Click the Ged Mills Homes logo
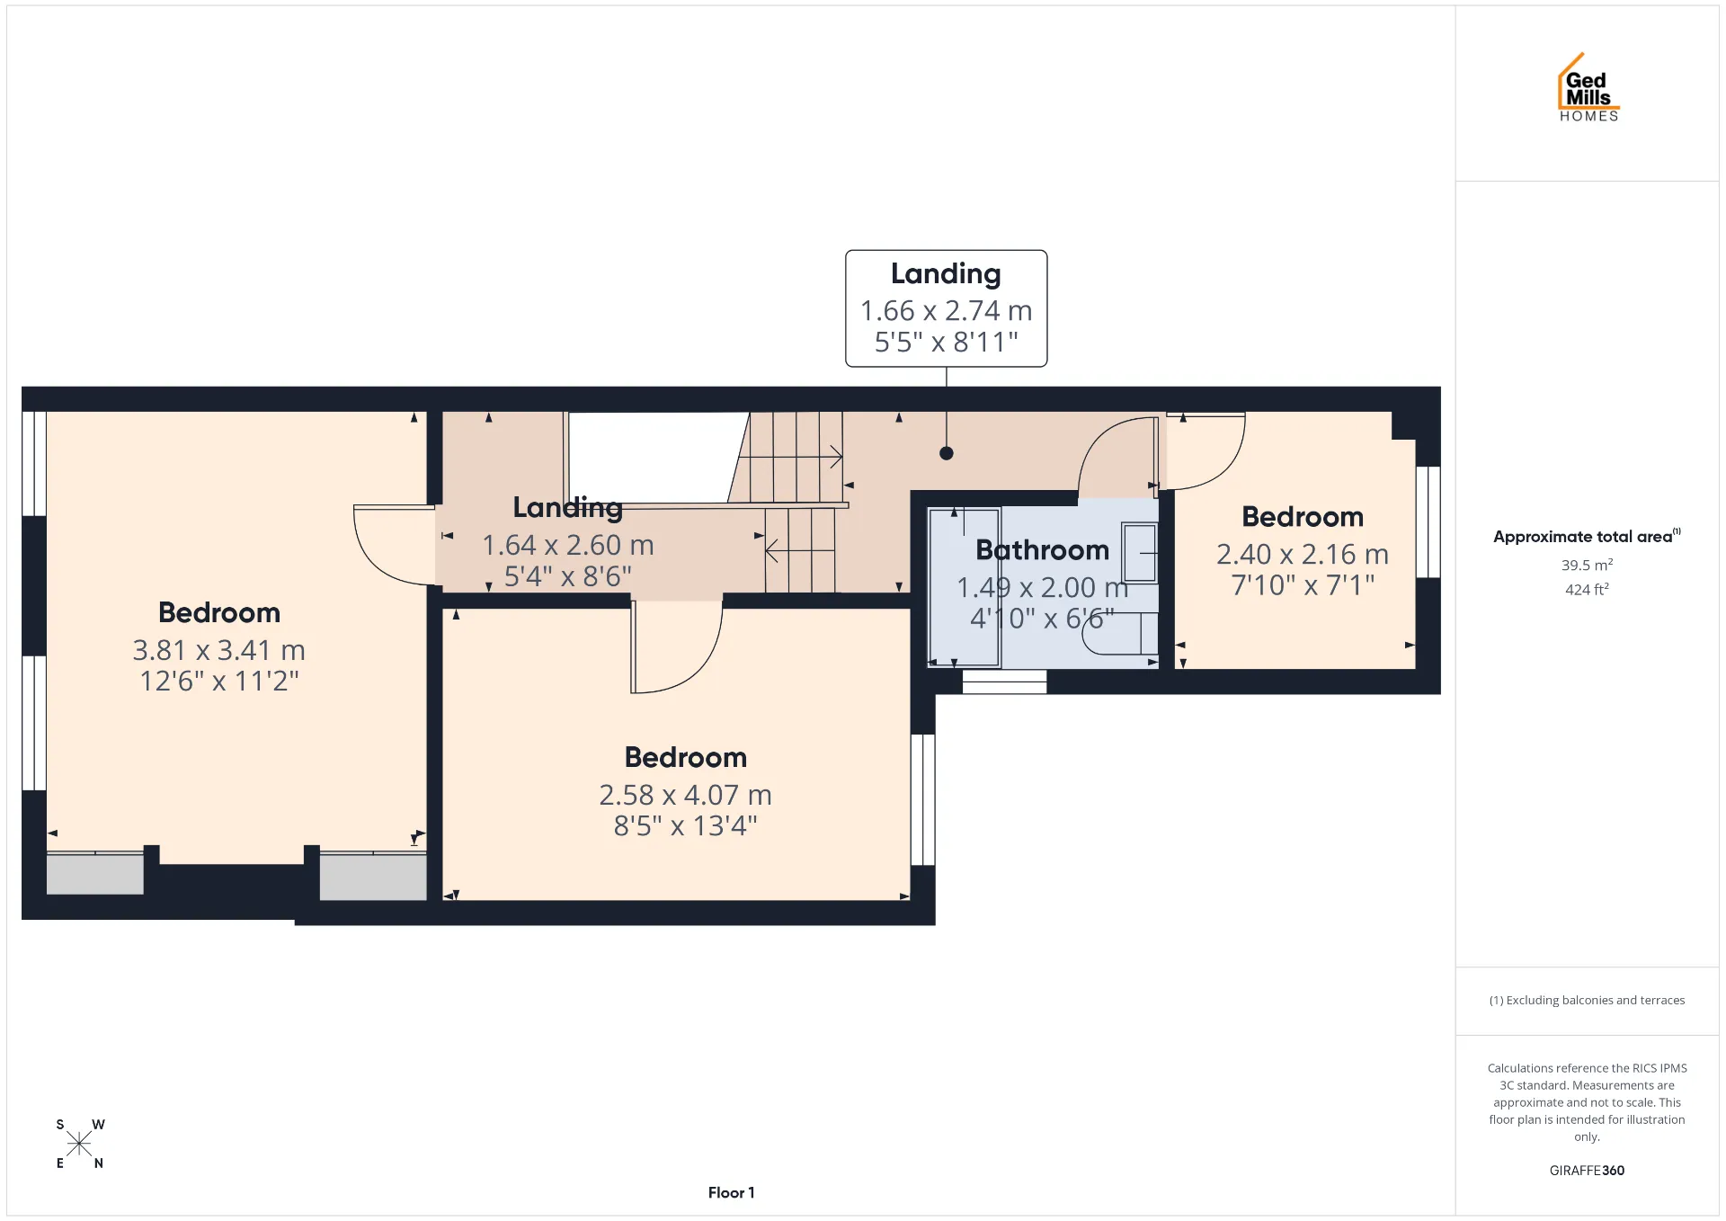tap(1588, 87)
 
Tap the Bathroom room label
tap(1042, 549)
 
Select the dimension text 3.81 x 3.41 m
tap(218, 649)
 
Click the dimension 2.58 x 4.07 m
tap(685, 795)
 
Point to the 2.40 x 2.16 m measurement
tap(1303, 554)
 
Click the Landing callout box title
tap(946, 273)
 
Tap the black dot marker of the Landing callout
tap(946, 453)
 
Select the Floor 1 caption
tap(731, 1192)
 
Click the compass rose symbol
tap(79, 1144)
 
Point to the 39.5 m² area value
tap(1587, 565)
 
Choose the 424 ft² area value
tap(1587, 589)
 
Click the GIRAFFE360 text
tap(1587, 1170)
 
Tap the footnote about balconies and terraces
tap(1587, 1000)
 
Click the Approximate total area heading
tap(1587, 536)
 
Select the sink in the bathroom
tap(1140, 553)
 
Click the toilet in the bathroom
tap(1120, 633)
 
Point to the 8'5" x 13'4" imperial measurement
tap(685, 825)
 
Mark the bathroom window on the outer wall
tap(1004, 682)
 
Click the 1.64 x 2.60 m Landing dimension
tap(567, 545)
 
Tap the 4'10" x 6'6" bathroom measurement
tap(1042, 618)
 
